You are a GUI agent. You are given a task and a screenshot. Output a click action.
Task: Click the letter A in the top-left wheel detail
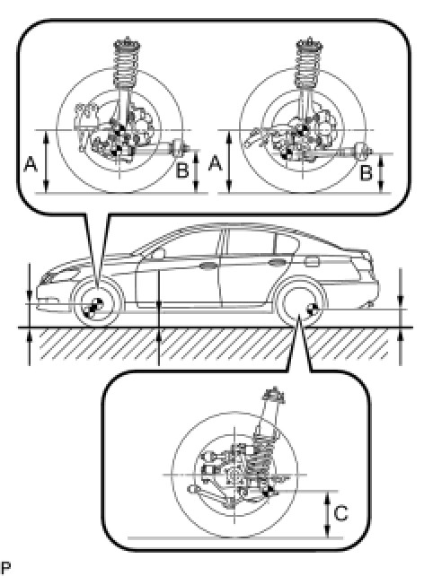click(x=31, y=164)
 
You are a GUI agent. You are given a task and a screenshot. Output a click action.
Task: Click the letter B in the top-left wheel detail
click(x=182, y=170)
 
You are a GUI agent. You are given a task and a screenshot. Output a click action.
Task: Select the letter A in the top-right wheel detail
click(x=216, y=163)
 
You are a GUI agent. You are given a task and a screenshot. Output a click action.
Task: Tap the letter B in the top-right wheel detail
click(x=366, y=172)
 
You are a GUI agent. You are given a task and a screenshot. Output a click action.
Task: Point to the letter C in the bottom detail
click(x=340, y=513)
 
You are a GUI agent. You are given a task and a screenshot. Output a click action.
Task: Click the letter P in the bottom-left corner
click(x=5, y=568)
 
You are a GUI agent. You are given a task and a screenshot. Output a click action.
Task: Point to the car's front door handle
click(x=208, y=266)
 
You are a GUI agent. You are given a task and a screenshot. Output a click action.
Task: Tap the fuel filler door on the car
click(x=312, y=262)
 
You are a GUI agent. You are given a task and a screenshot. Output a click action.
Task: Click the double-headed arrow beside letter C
click(x=327, y=514)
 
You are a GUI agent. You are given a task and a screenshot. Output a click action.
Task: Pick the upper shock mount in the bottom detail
click(x=274, y=395)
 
